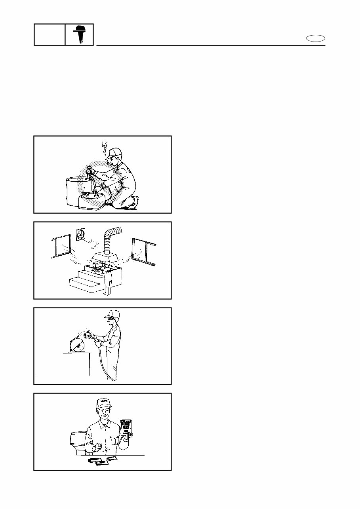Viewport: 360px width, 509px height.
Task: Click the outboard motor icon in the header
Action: pos(79,34)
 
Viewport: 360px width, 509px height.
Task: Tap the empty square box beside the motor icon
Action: pos(50,34)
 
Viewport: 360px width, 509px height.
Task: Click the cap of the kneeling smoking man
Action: pos(113,153)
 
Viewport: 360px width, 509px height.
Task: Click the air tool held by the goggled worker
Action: pos(88,337)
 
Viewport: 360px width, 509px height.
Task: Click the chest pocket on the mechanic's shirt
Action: pos(115,440)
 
